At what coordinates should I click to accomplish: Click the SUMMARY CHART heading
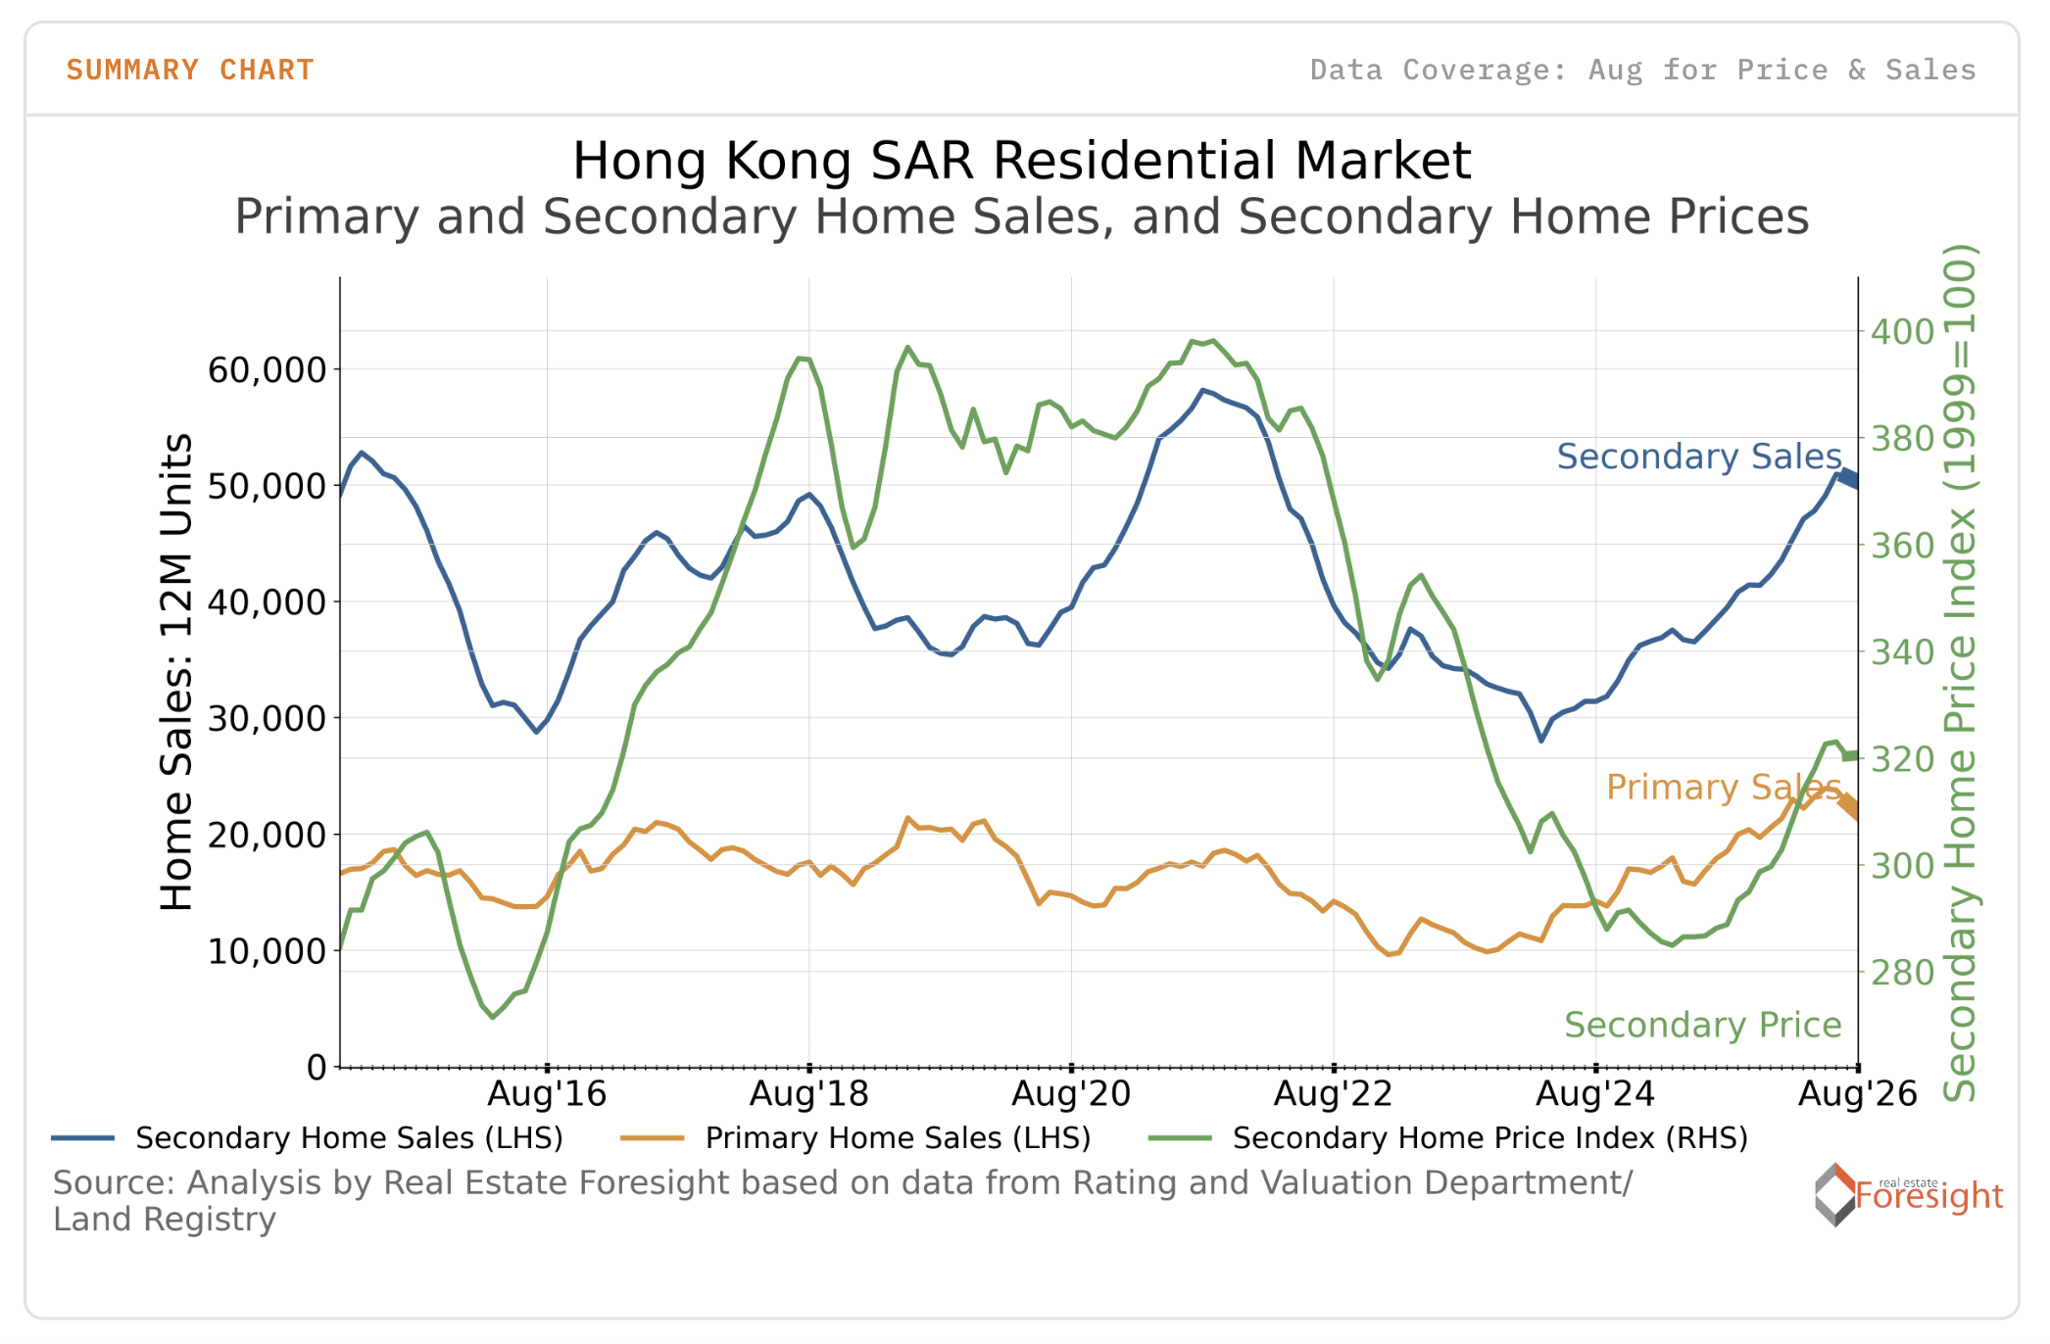tap(190, 71)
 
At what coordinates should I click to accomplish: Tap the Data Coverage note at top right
tap(1642, 71)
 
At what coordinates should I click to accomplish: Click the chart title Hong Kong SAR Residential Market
tap(1021, 161)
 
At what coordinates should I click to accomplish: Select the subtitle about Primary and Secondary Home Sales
tap(1021, 216)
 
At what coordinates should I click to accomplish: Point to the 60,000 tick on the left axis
tap(267, 370)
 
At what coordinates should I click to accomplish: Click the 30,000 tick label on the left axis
tap(267, 718)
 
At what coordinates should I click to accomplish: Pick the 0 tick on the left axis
tap(317, 1067)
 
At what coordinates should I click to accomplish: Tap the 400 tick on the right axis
tap(1902, 332)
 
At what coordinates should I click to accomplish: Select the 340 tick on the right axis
tap(1902, 651)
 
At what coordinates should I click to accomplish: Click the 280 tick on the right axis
tap(1902, 973)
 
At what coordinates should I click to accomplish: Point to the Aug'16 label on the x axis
tap(547, 1093)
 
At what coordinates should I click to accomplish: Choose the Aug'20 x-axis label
tap(1071, 1093)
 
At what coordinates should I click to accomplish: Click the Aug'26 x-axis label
tap(1857, 1093)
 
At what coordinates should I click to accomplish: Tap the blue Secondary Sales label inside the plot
tap(1699, 456)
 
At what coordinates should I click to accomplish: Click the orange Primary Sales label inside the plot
tap(1724, 787)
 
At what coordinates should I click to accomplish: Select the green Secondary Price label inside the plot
tap(1703, 1025)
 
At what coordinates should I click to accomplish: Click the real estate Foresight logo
tap(1908, 1194)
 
